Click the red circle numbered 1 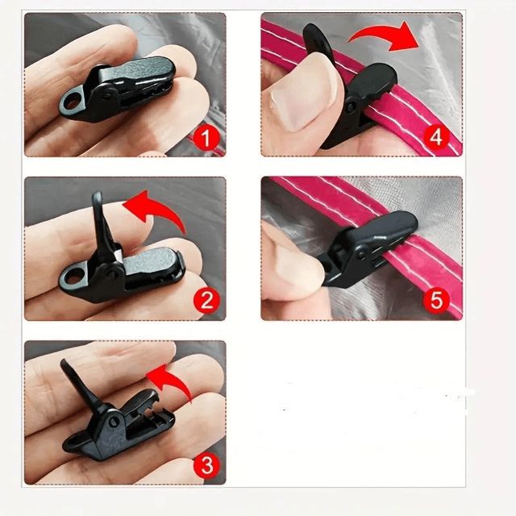[206, 139]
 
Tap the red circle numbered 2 [206, 301]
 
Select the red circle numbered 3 [206, 465]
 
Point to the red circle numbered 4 [436, 137]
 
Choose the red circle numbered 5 [436, 300]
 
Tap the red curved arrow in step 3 [174, 378]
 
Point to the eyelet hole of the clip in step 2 [72, 276]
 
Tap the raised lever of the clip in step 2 [102, 224]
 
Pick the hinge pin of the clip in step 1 [107, 96]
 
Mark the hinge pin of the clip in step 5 [362, 255]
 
